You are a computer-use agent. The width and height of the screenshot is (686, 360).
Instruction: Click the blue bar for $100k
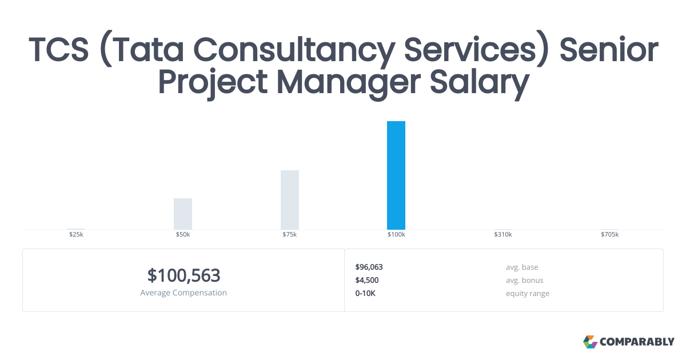(396, 175)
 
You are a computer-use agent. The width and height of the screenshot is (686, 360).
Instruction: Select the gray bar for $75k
(290, 200)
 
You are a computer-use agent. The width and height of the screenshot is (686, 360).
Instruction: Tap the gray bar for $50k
(183, 214)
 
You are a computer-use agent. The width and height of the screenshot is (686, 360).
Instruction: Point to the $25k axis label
(76, 235)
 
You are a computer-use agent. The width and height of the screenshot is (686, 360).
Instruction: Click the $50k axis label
(183, 235)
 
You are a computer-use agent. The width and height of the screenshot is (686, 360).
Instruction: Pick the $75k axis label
(290, 235)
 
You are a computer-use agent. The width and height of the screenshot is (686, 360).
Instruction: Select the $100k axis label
(396, 235)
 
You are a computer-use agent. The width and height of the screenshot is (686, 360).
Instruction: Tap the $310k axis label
(503, 235)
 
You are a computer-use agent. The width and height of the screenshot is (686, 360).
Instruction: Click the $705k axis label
(609, 235)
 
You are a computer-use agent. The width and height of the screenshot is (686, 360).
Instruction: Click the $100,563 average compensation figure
(184, 275)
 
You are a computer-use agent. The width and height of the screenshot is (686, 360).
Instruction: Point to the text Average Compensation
(184, 293)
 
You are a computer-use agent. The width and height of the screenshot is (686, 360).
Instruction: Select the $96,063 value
(369, 267)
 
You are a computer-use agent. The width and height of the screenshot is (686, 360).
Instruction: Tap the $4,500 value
(366, 280)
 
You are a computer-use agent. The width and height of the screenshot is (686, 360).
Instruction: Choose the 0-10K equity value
(365, 293)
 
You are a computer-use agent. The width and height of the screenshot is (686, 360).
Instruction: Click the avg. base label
(522, 267)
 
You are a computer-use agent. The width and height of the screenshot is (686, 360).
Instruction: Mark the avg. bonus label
(524, 280)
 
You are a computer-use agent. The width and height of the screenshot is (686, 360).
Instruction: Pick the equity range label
(527, 293)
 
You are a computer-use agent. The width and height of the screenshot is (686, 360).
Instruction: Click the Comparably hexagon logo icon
(590, 342)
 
